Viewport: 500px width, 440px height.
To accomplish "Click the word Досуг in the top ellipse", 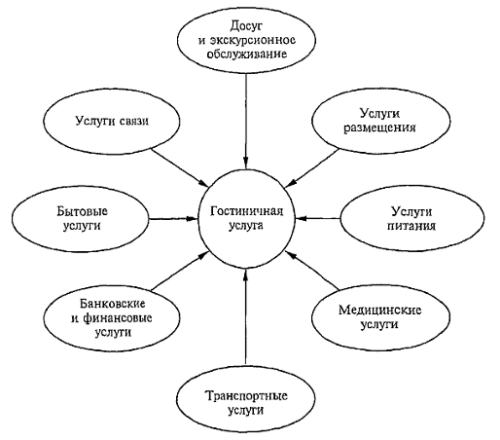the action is coord(246,26).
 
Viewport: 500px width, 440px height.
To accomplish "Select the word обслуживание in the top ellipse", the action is coord(247,54).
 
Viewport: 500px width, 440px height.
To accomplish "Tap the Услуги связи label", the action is coord(112,121).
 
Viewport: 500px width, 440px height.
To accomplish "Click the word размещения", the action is coord(379,128).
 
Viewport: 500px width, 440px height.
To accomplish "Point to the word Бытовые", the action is coord(82,211).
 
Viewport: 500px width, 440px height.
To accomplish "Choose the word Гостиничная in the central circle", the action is coord(246,211).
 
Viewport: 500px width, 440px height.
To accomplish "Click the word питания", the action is coord(411,226).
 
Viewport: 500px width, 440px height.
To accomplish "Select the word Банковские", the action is coord(112,304).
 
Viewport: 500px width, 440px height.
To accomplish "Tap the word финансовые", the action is coord(118,318).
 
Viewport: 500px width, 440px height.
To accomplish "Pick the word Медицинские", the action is coord(380,311).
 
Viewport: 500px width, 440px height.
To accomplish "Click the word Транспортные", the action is coord(246,396).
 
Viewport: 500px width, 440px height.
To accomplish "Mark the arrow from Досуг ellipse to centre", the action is coord(246,122).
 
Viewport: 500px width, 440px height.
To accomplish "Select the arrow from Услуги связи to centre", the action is coord(180,167).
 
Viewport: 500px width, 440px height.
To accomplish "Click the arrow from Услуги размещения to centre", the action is coord(311,168).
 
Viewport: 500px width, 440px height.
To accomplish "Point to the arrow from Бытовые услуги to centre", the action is coord(173,219).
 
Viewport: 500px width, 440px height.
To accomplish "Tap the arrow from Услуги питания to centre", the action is coord(318,218).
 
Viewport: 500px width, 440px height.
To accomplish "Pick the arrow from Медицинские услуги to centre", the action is coord(312,270).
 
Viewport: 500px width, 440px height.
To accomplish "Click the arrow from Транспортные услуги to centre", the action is coord(245,315).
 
